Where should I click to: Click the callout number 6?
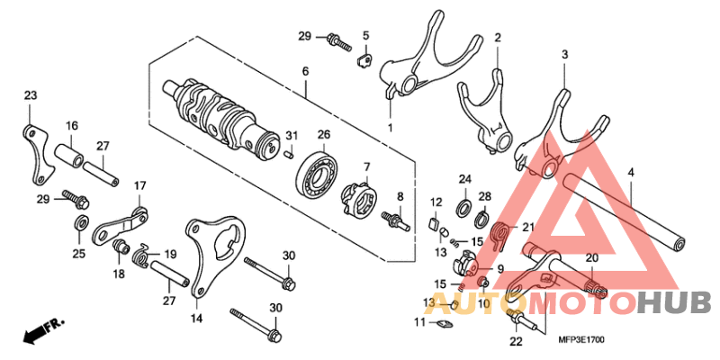click(x=305, y=71)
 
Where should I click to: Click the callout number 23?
click(x=30, y=96)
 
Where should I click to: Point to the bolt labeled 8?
click(x=397, y=220)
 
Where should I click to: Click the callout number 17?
click(x=139, y=186)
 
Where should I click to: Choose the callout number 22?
click(x=515, y=341)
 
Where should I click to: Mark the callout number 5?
click(x=365, y=36)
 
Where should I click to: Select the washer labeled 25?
click(x=80, y=224)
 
